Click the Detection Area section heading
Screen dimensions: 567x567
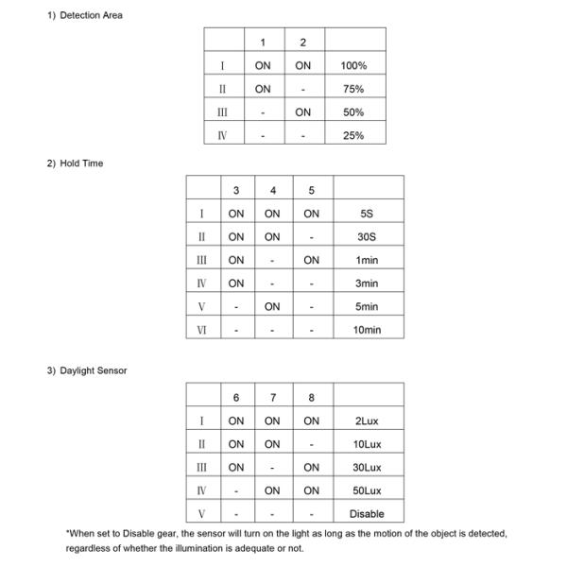click(x=85, y=15)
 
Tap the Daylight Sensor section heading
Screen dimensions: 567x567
click(x=87, y=370)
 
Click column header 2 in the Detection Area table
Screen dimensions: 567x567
click(x=302, y=43)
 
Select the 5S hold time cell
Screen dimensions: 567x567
click(x=367, y=214)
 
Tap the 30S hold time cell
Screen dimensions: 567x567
click(x=367, y=237)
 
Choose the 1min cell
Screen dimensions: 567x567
click(x=367, y=260)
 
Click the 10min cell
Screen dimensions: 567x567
click(x=367, y=330)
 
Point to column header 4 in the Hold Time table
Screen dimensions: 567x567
click(x=272, y=191)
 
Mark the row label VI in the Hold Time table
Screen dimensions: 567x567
click(x=202, y=330)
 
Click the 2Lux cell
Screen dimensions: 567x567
click(x=367, y=421)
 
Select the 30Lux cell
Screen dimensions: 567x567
click(x=367, y=468)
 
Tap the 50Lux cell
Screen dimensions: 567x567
click(x=367, y=490)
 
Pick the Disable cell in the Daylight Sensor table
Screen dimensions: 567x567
click(x=367, y=514)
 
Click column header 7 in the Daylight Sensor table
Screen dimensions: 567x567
click(x=272, y=398)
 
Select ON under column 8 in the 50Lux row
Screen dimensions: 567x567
click(x=311, y=490)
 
